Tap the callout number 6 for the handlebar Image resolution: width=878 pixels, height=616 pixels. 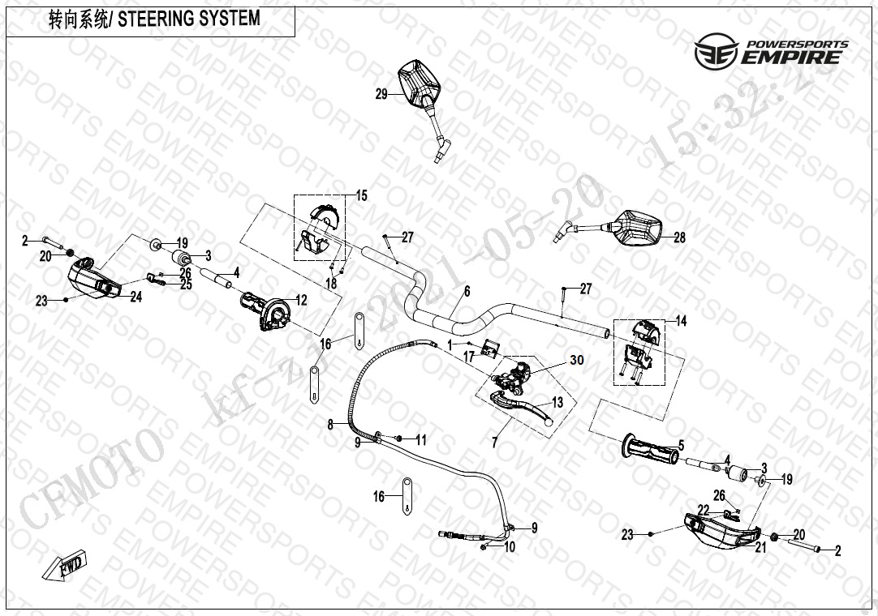tap(467, 291)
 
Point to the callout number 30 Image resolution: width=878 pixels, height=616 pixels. tap(577, 360)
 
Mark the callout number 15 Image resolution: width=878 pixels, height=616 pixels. tap(362, 195)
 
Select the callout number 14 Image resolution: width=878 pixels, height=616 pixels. tap(681, 322)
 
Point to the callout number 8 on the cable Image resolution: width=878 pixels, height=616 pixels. tap(330, 424)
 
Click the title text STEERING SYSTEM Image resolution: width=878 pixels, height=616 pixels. tap(189, 19)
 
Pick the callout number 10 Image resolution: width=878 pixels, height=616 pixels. tap(509, 548)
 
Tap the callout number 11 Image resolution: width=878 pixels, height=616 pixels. tap(420, 440)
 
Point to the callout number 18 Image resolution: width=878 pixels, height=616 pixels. tap(330, 283)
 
